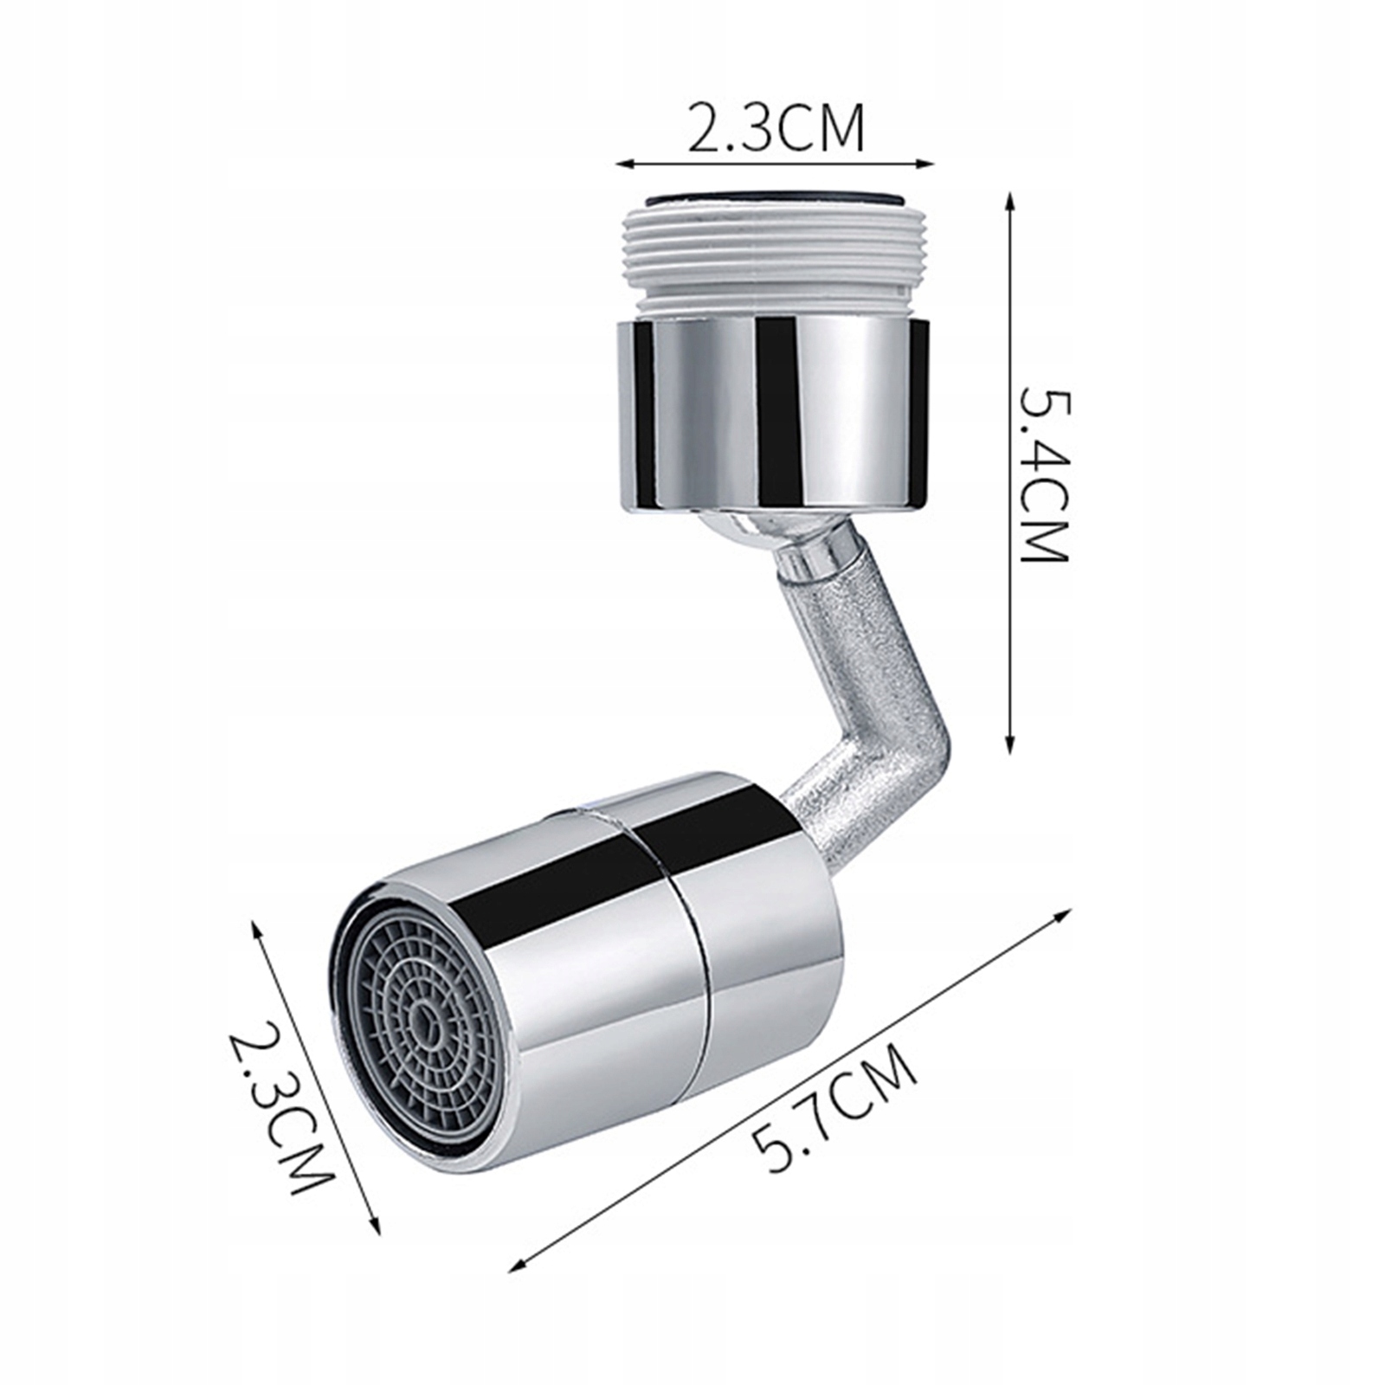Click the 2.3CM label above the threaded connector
(x=776, y=128)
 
